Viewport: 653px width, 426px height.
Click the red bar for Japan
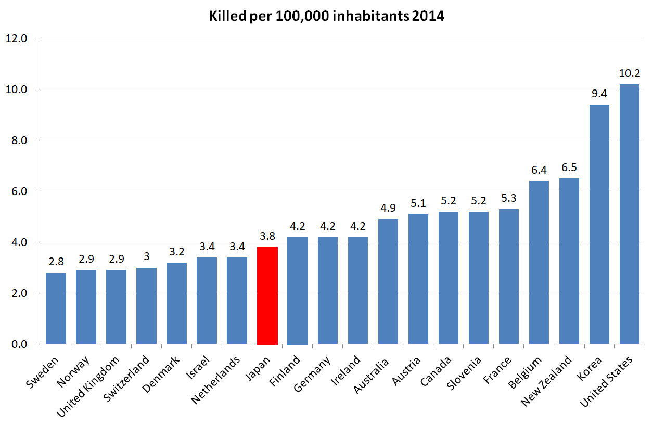click(267, 295)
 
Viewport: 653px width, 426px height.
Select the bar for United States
click(629, 214)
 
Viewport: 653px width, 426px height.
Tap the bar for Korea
click(599, 224)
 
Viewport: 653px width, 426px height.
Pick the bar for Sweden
click(56, 308)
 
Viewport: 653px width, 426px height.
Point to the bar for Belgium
click(539, 262)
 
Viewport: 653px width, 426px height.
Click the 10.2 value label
click(629, 73)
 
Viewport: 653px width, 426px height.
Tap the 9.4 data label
click(599, 94)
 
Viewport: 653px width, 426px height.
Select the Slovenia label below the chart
click(465, 373)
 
